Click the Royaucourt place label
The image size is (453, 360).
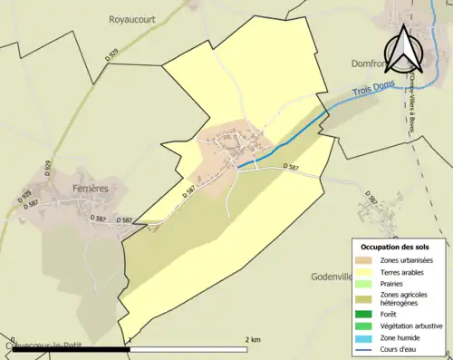coord(133,16)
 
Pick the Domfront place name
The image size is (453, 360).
coord(370,64)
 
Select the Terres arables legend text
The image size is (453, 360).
coord(408,271)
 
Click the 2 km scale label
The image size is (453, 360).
coord(254,339)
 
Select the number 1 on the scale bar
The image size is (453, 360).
coord(130,339)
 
